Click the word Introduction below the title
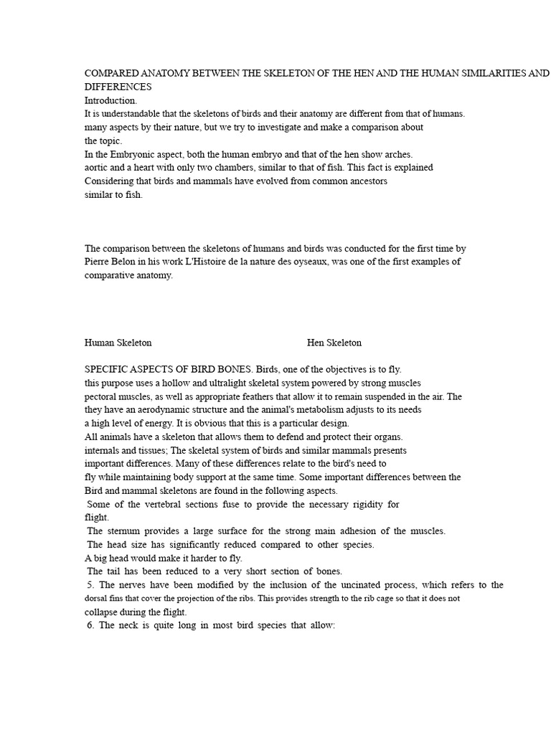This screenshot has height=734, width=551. click(x=110, y=100)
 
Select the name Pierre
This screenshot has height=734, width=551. click(x=98, y=262)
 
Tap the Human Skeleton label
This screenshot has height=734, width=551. click(x=118, y=343)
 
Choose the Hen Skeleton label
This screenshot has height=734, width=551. click(x=334, y=343)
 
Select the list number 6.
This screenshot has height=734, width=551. click(x=89, y=626)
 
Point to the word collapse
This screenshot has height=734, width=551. click(x=102, y=612)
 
